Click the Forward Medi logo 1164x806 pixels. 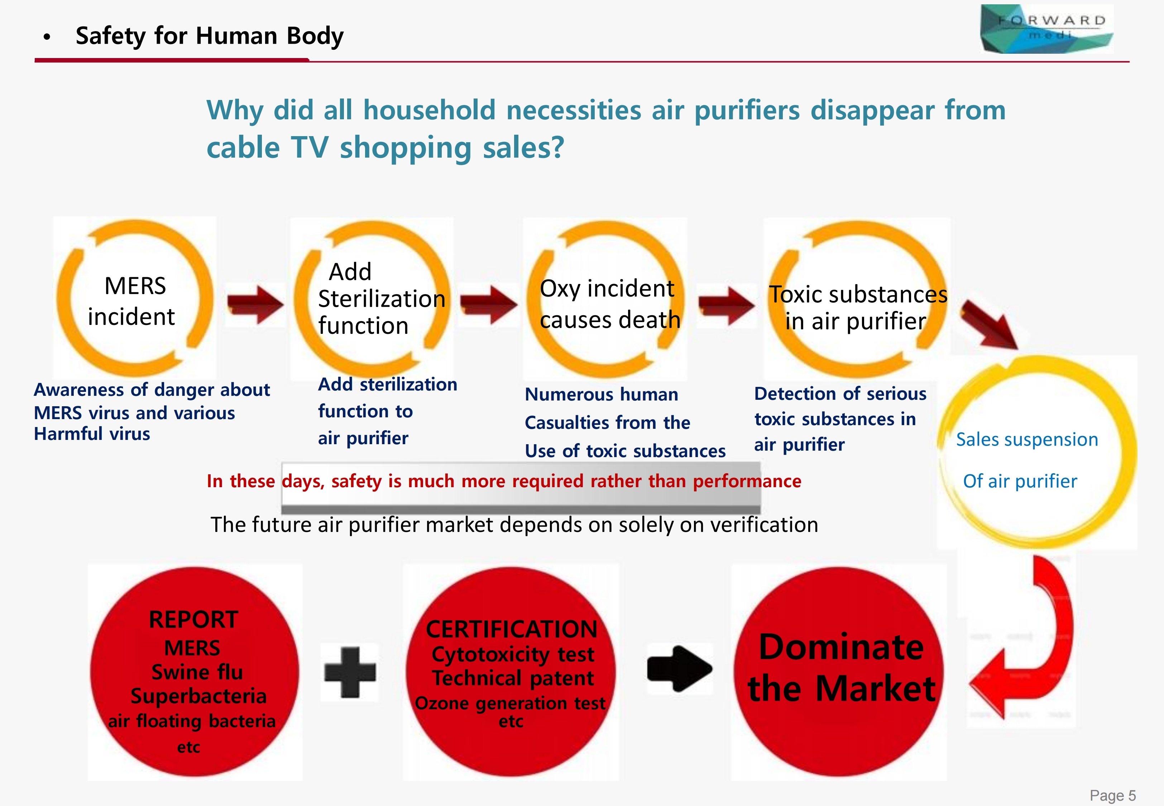(1046, 29)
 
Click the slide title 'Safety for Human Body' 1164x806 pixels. (210, 36)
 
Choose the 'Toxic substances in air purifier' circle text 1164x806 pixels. (857, 308)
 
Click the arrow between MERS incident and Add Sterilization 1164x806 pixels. (255, 304)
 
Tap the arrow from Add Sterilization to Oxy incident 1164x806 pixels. (489, 304)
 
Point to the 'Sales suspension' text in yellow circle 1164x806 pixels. (1027, 440)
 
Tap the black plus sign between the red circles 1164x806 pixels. (350, 672)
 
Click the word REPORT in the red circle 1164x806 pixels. (193, 620)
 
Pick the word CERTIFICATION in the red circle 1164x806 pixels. (512, 629)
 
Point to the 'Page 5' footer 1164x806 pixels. (1112, 795)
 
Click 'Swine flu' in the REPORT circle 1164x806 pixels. (197, 672)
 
